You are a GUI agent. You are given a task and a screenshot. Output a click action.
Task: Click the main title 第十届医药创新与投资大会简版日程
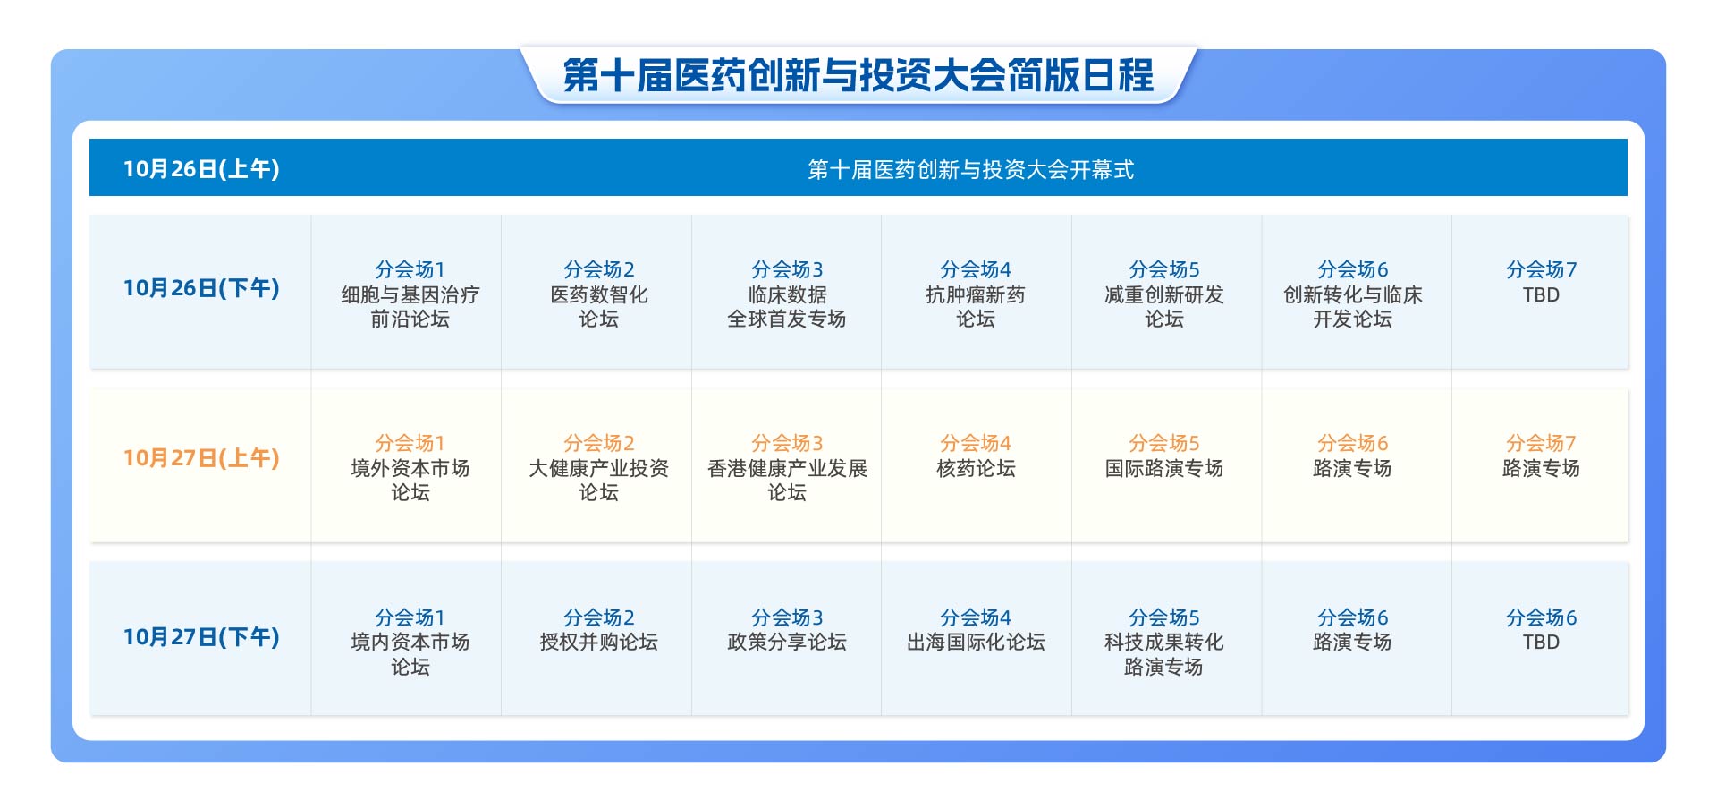click(858, 75)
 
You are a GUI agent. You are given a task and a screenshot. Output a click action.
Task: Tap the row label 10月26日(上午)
click(201, 169)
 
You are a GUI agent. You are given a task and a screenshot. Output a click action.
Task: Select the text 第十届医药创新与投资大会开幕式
click(971, 169)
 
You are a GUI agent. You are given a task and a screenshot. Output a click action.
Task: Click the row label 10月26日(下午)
click(201, 288)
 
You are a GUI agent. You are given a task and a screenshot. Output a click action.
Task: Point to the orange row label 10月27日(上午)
click(201, 458)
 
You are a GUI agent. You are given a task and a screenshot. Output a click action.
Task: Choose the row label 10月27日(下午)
click(201, 637)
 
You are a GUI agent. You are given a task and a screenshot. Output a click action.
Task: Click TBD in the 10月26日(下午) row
click(1541, 294)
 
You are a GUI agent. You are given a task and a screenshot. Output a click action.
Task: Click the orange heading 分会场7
click(1541, 443)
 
